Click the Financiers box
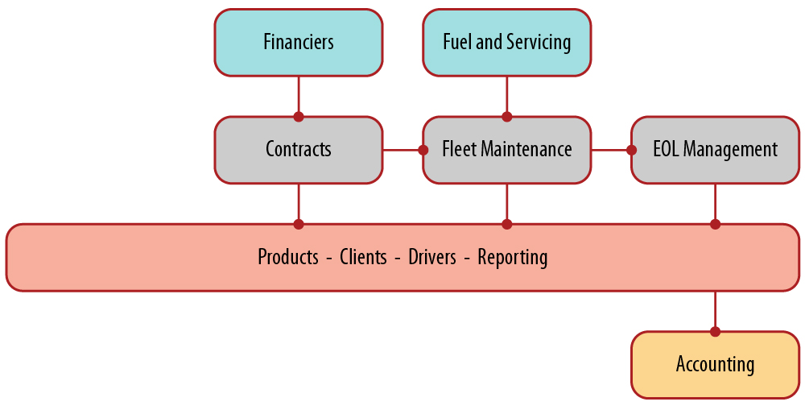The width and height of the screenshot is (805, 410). (298, 43)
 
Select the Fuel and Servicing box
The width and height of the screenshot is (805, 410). (506, 43)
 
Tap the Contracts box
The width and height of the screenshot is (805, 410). (298, 150)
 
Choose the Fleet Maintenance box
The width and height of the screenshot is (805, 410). (506, 150)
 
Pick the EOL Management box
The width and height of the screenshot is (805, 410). (715, 150)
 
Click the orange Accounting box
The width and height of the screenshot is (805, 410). (715, 365)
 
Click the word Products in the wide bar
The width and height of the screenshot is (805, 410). (288, 258)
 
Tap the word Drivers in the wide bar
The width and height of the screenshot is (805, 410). (432, 258)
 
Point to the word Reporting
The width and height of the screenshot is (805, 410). (513, 258)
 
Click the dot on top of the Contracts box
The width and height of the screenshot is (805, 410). (299, 117)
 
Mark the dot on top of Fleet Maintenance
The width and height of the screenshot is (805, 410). (506, 117)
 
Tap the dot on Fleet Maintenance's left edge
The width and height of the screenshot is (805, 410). (423, 150)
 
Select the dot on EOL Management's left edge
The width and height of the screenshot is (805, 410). (631, 150)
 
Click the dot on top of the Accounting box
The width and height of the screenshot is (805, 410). (715, 331)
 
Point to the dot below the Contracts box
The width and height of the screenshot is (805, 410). (299, 224)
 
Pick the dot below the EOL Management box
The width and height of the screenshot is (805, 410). (715, 224)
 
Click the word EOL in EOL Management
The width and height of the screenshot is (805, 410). (667, 150)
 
